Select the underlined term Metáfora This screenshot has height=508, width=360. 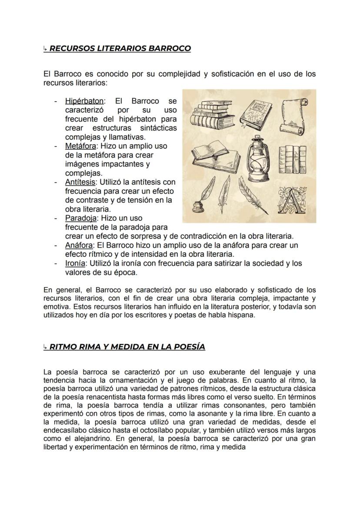point(79,146)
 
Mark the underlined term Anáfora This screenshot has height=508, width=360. point(78,245)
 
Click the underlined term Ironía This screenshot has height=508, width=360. point(74,263)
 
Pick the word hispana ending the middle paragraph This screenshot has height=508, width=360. point(241,315)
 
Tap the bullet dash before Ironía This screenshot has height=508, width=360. point(56,263)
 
